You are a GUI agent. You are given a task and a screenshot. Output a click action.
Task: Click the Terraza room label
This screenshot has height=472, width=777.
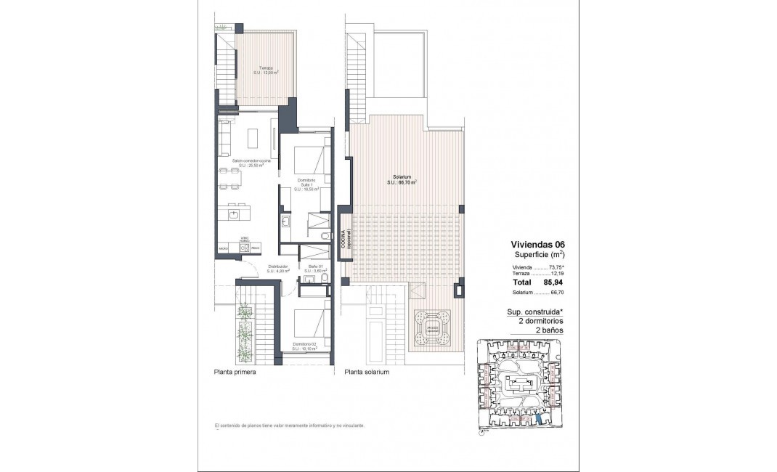(267, 70)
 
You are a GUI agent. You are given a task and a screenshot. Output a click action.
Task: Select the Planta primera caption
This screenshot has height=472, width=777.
(235, 372)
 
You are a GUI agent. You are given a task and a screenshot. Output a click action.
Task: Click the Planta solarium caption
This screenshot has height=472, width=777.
(367, 372)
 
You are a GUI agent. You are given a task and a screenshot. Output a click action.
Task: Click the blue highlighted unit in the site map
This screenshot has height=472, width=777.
(538, 419)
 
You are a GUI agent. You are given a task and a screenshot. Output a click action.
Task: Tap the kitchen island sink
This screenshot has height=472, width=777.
(234, 214)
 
